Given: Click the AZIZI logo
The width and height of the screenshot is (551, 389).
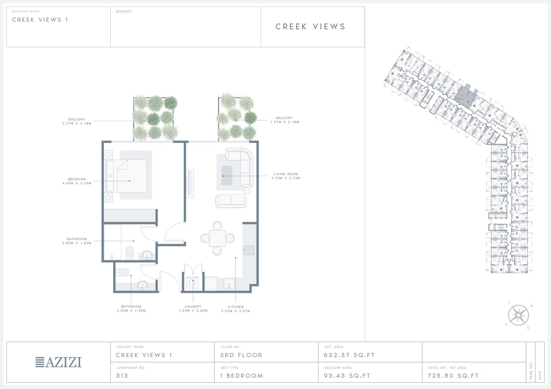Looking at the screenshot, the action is click(58, 362).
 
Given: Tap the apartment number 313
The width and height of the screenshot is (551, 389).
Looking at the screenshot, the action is click(122, 376).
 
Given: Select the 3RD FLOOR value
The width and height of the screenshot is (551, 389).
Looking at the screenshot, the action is click(241, 355).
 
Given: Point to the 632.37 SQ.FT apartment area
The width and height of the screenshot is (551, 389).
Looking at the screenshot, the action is click(349, 355).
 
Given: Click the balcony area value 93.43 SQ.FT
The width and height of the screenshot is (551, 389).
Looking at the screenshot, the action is click(347, 376).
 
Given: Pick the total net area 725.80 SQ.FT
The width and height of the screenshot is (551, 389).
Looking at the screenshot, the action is click(453, 376).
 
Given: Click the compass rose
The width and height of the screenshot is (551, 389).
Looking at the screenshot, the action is click(518, 315).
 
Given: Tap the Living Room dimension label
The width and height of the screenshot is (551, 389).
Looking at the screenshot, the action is click(286, 176).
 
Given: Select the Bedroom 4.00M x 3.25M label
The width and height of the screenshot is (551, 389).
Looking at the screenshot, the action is click(77, 181).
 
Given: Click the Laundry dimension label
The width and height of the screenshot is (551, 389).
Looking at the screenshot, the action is click(193, 309).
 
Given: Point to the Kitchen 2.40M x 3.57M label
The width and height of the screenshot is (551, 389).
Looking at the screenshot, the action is click(236, 309).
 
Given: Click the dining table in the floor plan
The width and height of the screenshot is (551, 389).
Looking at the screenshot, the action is click(218, 238).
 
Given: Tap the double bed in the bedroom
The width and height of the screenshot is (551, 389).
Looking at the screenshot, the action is click(126, 176).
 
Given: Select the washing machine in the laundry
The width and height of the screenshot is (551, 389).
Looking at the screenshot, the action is click(192, 283).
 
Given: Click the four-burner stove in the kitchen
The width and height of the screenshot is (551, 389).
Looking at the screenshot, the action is click(249, 250).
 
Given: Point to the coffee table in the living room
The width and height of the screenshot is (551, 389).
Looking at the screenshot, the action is click(227, 175).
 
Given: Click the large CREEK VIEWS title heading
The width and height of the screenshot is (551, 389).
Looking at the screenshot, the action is click(311, 26).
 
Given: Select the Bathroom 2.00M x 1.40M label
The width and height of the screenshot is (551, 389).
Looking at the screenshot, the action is click(131, 309).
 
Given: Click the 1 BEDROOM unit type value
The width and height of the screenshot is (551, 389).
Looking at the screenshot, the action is click(241, 376).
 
